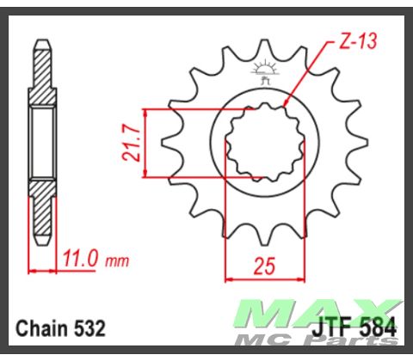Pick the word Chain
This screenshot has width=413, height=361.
[40, 328]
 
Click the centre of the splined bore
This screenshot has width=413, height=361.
[263, 144]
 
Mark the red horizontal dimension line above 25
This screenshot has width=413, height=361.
[268, 278]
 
